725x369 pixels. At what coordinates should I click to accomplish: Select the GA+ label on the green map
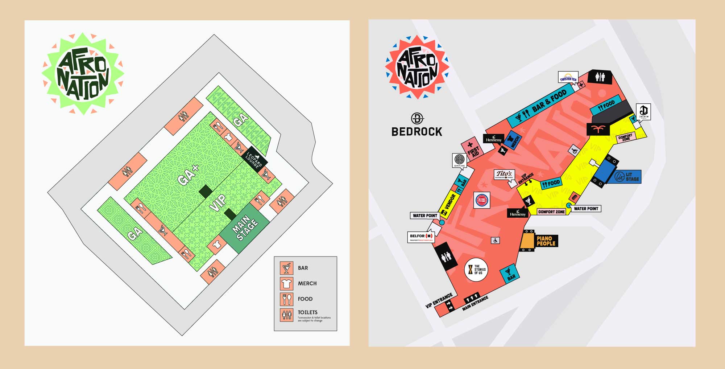[189, 175]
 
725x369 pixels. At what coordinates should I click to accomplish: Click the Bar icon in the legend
[286, 268]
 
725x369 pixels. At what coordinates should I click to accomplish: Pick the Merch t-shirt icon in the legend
[286, 283]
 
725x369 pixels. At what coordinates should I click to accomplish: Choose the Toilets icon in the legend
[286, 315]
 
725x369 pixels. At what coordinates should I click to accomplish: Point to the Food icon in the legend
[286, 299]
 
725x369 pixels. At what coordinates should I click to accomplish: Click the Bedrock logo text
[417, 131]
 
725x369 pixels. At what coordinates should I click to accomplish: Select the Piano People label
[546, 241]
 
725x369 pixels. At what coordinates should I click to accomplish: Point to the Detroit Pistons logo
[482, 200]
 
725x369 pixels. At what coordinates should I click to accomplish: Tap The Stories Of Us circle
[476, 269]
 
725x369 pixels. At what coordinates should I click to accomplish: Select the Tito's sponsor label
[504, 175]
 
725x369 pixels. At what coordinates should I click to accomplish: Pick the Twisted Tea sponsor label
[568, 78]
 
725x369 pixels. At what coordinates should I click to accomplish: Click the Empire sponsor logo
[460, 160]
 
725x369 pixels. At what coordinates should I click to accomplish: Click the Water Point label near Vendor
[425, 216]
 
